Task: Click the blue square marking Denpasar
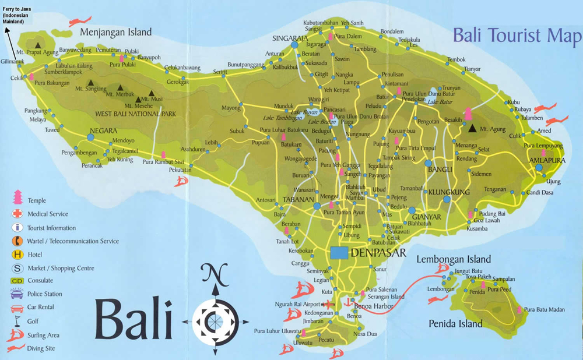339,253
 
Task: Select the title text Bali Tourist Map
517,36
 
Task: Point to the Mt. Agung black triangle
473,128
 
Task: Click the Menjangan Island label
116,32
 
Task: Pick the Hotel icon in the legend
18,255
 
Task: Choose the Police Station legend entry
44,294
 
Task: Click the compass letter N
216,273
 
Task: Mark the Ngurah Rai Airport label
298,304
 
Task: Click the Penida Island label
455,324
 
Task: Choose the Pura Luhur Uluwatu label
276,331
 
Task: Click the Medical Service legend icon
18,214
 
